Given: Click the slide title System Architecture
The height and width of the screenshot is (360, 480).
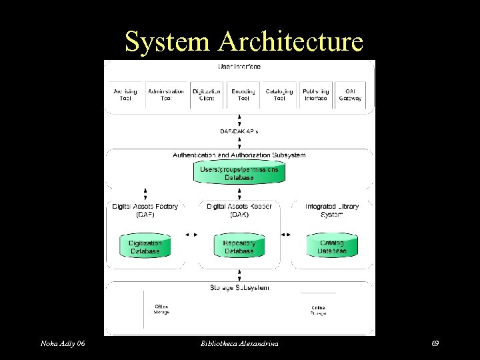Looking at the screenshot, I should coord(243,41).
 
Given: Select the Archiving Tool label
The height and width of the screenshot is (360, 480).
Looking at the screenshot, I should coord(125,95).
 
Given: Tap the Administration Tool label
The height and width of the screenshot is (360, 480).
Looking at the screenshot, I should coord(166,95).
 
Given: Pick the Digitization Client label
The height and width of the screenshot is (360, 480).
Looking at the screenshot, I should coord(207,95).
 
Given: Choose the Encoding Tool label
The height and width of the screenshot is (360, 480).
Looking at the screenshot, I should coord(243,95).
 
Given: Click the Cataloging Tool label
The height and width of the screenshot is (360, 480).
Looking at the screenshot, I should coord(279,95).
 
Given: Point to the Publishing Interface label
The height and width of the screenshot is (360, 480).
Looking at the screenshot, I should coord(315,95).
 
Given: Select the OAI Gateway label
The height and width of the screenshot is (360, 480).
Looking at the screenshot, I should coord(350,95).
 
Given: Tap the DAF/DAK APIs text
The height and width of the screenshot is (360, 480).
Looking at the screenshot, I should coord(239,131).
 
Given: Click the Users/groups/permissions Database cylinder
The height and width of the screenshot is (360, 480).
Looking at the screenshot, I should coord(239,173).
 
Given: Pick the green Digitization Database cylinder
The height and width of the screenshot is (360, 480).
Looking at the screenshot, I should coord(145,246).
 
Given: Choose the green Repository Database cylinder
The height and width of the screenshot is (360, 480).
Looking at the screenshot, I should coord(239,246).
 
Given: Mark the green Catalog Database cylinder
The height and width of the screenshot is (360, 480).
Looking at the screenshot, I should coord(332,246).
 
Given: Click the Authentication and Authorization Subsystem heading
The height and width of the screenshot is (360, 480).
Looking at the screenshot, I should coord(239,155).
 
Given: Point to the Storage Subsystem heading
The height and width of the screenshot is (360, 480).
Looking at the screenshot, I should coord(239,288).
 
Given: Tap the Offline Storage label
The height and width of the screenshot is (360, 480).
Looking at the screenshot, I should coord(161,309).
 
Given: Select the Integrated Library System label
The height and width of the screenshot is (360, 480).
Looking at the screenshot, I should coord(332,210).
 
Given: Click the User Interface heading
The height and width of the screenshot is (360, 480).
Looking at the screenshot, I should coord(239,67).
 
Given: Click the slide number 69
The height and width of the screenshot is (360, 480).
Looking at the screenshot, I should coord(435,343).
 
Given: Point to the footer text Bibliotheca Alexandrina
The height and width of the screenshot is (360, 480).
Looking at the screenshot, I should coord(239,343).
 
